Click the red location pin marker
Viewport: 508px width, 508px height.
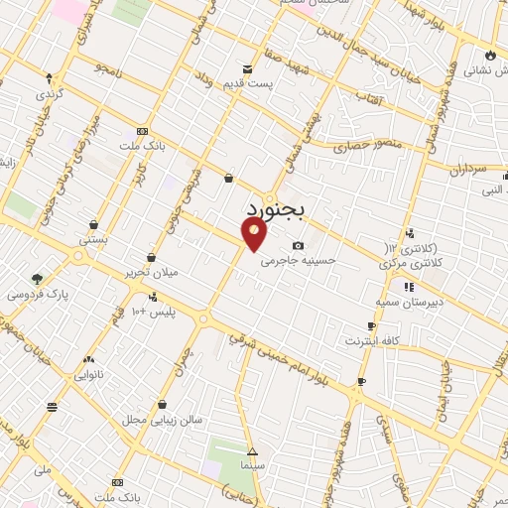[x=255, y=233]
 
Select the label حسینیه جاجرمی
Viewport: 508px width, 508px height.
[x=299, y=262]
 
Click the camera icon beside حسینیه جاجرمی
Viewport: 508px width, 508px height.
[x=298, y=246]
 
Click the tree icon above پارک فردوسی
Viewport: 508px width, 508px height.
[x=37, y=279]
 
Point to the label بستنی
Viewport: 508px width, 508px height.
[x=93, y=240]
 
